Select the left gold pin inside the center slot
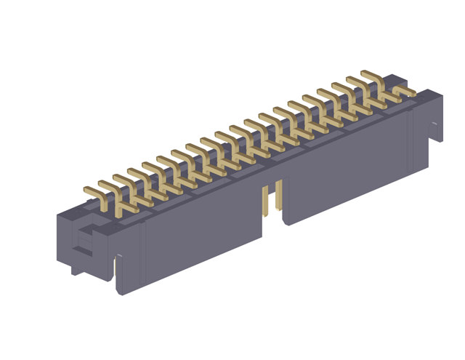pos(266,200)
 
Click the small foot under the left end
pos(77,271)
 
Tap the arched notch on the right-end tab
pos(435,131)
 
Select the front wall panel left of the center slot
pos(203,233)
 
